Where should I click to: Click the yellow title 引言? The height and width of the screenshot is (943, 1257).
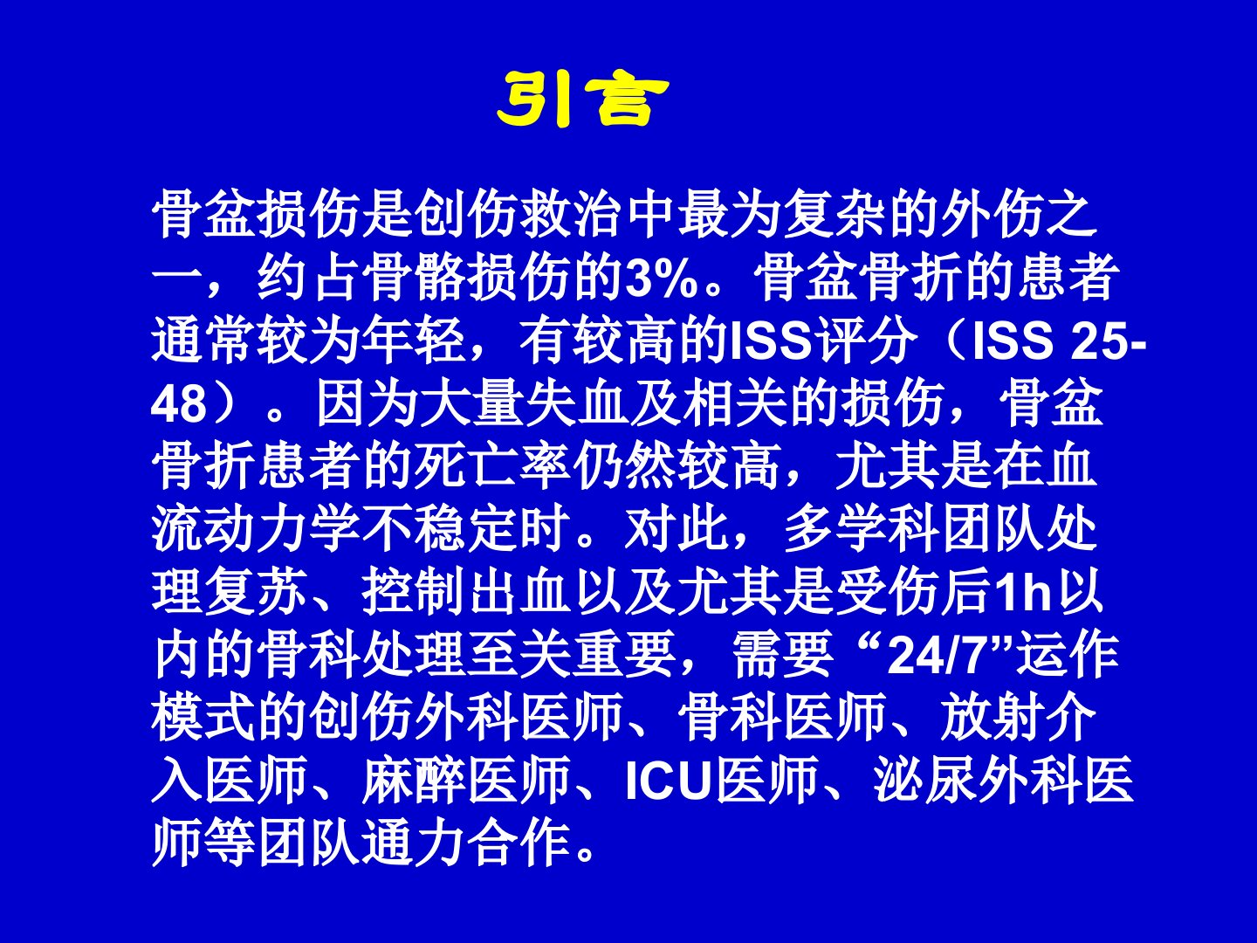pyautogui.click(x=582, y=99)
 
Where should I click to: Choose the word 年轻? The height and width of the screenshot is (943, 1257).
pyautogui.click(x=415, y=342)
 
